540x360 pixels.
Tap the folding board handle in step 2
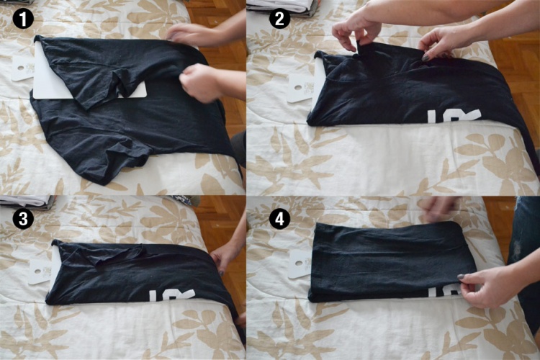300,84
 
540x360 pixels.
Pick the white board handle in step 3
40,270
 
